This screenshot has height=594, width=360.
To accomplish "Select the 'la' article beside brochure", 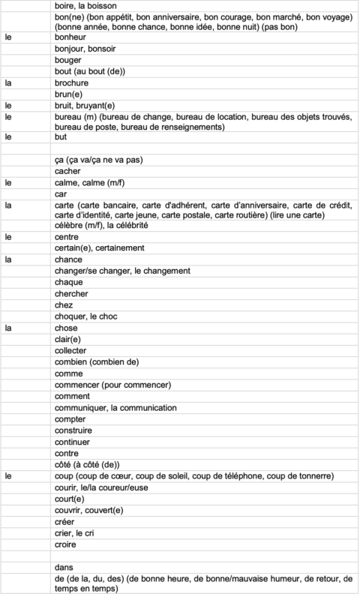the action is (x=8, y=82).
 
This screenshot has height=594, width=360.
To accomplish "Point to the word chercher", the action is (x=73, y=294).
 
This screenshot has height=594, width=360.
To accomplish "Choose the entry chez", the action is (x=64, y=305).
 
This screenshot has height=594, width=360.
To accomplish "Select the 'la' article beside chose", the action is (x=8, y=328).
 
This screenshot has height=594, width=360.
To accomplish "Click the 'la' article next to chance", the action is (x=8, y=259).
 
